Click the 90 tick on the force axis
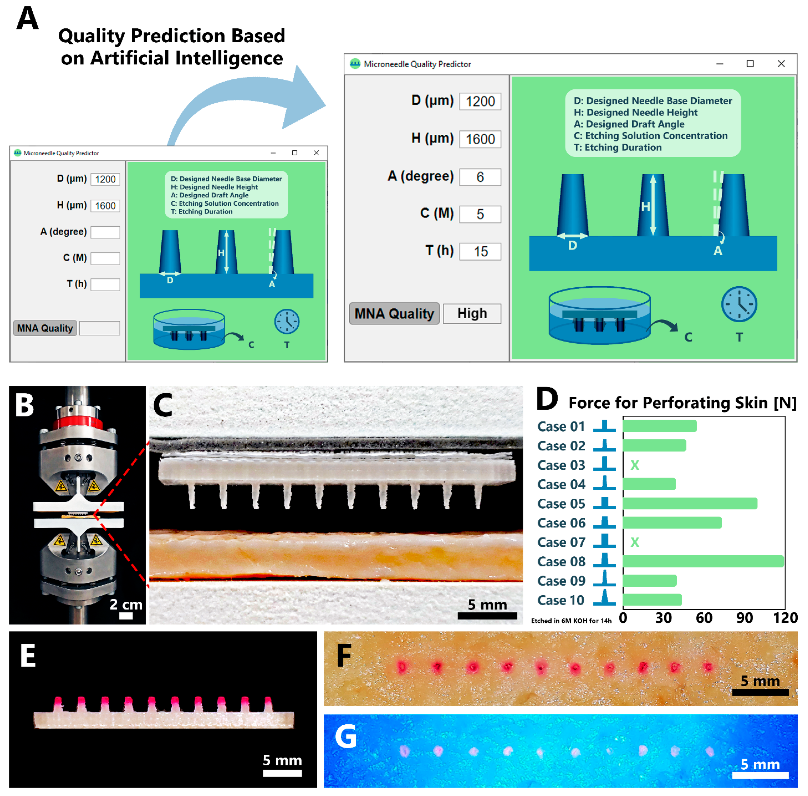coord(744,618)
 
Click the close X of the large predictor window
coord(781,64)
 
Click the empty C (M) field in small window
coord(105,258)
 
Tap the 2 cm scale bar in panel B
coord(126,615)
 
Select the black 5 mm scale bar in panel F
coord(760,692)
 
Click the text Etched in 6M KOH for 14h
coord(571,621)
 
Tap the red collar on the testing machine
coord(78,422)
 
